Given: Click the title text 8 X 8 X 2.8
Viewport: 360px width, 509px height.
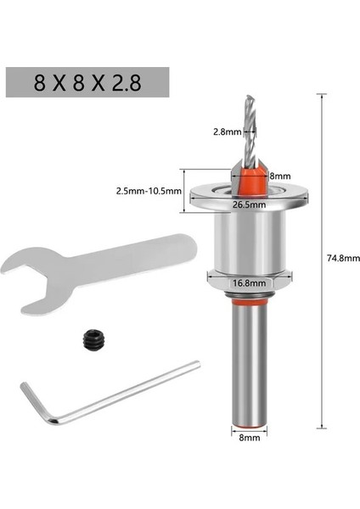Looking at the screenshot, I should pos(86,83).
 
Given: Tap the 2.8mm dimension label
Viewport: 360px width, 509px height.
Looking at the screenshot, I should pos(227,131).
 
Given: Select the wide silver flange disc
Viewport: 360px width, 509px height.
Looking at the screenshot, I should pos(247,194).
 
